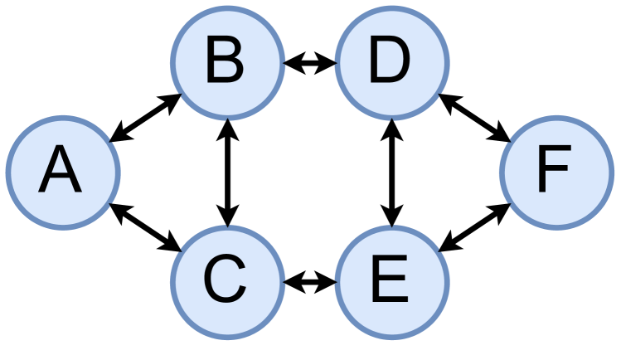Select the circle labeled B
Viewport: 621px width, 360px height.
226,62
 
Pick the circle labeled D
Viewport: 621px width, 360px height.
391,62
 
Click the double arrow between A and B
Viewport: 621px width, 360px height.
146,118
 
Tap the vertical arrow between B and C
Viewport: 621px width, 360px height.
226,172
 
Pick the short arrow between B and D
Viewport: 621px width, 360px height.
308,63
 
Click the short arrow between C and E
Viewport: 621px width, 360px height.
308,282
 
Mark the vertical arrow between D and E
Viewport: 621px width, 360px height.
391,172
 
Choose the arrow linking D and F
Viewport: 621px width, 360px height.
473,117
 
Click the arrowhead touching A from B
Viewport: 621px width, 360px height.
119,135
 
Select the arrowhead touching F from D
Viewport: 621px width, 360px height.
500,134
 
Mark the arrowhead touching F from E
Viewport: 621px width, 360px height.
500,209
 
